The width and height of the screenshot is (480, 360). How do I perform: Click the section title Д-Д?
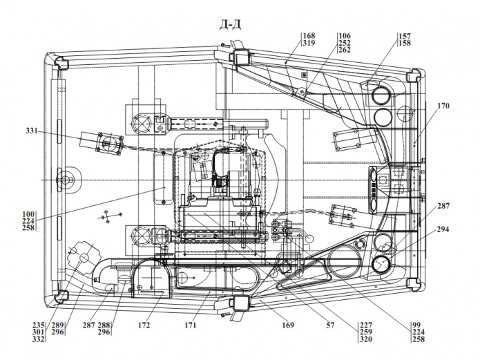[x=230, y=24]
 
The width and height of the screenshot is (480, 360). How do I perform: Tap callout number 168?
[x=309, y=36]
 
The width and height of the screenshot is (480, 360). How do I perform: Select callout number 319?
[x=309, y=43]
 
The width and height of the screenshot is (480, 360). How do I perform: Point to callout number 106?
[x=345, y=36]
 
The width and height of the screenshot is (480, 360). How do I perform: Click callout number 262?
[x=345, y=50]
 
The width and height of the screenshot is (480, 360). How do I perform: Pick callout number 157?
[x=405, y=36]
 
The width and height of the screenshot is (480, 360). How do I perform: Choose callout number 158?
[x=405, y=43]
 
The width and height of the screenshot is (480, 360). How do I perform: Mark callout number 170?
[x=443, y=106]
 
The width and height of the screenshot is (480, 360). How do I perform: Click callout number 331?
[x=32, y=131]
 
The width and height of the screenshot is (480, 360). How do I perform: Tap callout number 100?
[x=28, y=214]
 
